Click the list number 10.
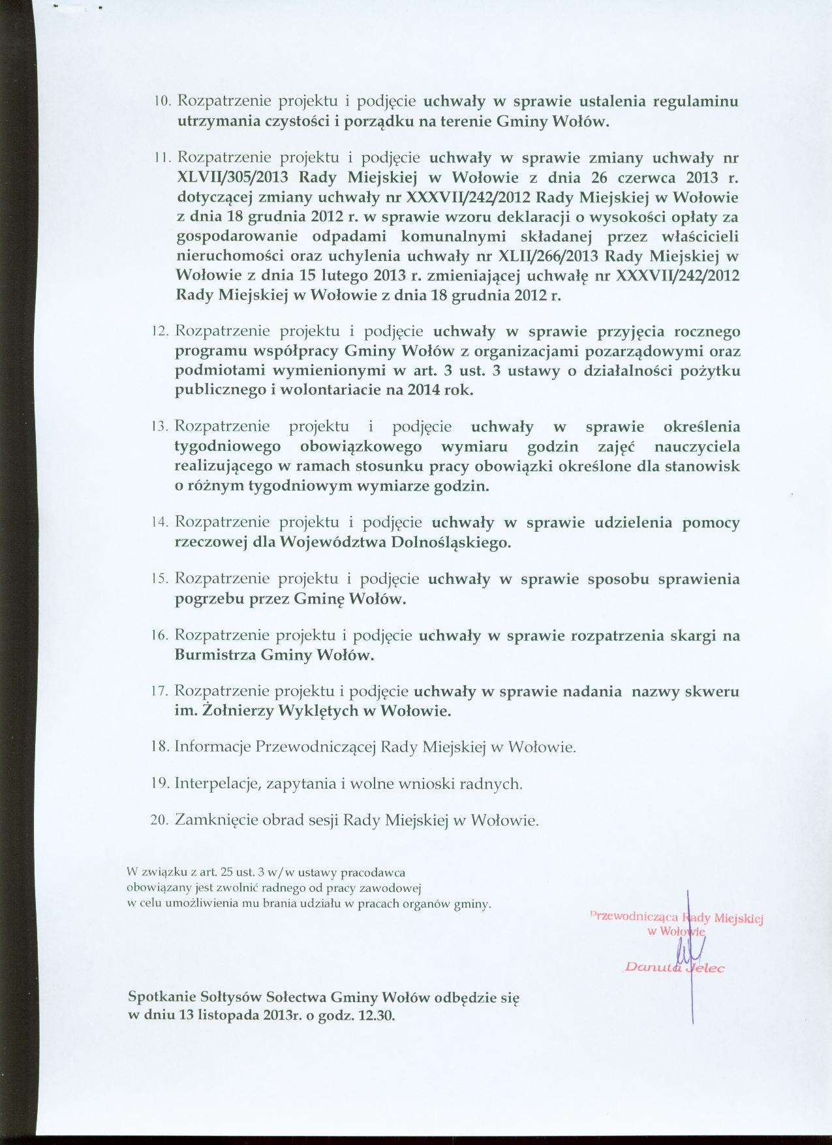162,102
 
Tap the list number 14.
161,523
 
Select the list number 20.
161,821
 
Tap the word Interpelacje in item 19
216,784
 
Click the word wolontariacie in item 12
330,391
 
